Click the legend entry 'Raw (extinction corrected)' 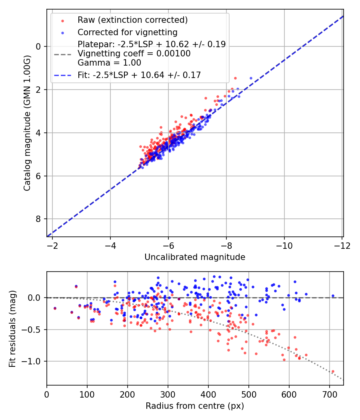click(x=132, y=20)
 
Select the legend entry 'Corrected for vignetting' click(x=127, y=32)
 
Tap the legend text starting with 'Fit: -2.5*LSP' click(x=139, y=75)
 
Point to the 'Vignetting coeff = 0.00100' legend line click(x=134, y=54)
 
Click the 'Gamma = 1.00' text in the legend click(x=109, y=63)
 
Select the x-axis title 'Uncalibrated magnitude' click(x=194, y=257)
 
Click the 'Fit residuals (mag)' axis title click(x=12, y=328)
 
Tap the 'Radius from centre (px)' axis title click(x=194, y=406)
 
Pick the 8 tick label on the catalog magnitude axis click(x=38, y=219)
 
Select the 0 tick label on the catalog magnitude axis click(x=38, y=46)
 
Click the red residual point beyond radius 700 click(x=332, y=371)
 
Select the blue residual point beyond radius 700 click(x=332, y=296)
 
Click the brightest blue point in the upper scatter click(x=251, y=78)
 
